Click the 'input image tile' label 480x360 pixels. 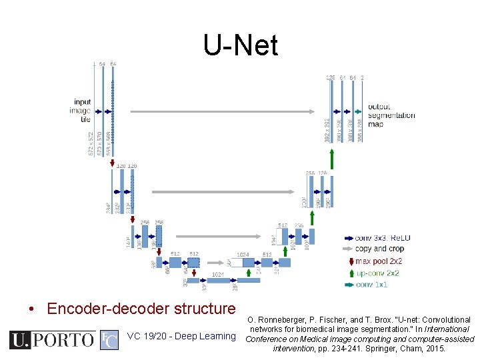coord(81,111)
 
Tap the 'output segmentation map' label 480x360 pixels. coord(391,115)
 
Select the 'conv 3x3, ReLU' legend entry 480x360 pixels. coord(383,237)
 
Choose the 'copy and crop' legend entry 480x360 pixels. coord(379,249)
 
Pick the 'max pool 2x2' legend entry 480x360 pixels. coord(378,261)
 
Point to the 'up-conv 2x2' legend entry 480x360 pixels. coord(377,273)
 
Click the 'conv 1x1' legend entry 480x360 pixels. coord(371,285)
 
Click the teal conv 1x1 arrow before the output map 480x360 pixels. coord(358,111)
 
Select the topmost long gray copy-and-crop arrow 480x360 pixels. coord(223,111)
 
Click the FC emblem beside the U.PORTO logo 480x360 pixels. coord(109,340)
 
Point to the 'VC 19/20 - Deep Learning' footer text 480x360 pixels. coord(181,336)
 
